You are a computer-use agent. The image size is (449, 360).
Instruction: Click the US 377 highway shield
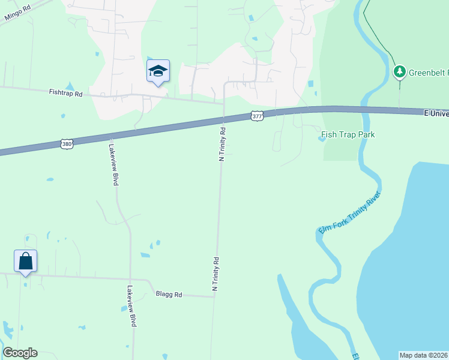point(257,116)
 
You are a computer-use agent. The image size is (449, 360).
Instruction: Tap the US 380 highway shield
point(67,144)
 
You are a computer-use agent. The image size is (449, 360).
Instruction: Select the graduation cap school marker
point(158,71)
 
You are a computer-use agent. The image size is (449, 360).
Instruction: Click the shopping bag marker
point(25,262)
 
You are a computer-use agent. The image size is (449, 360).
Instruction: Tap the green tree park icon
point(399,72)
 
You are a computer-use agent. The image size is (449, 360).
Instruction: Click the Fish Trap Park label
point(348,134)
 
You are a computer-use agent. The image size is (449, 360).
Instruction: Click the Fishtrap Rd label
point(65,93)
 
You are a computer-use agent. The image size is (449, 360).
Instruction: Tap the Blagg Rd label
point(169,294)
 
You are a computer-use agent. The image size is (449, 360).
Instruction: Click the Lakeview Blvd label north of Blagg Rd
point(113,164)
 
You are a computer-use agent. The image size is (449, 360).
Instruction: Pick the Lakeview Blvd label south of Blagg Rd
point(131,306)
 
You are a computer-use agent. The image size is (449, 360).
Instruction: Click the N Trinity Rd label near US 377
point(222,144)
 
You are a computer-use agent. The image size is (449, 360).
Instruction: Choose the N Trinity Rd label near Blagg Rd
point(215,274)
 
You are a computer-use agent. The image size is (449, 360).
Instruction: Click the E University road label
point(436,112)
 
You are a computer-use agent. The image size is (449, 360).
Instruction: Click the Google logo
point(20,353)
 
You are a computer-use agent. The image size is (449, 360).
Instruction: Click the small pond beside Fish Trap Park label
point(321,139)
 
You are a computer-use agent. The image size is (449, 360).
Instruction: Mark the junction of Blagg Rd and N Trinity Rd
point(214,296)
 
